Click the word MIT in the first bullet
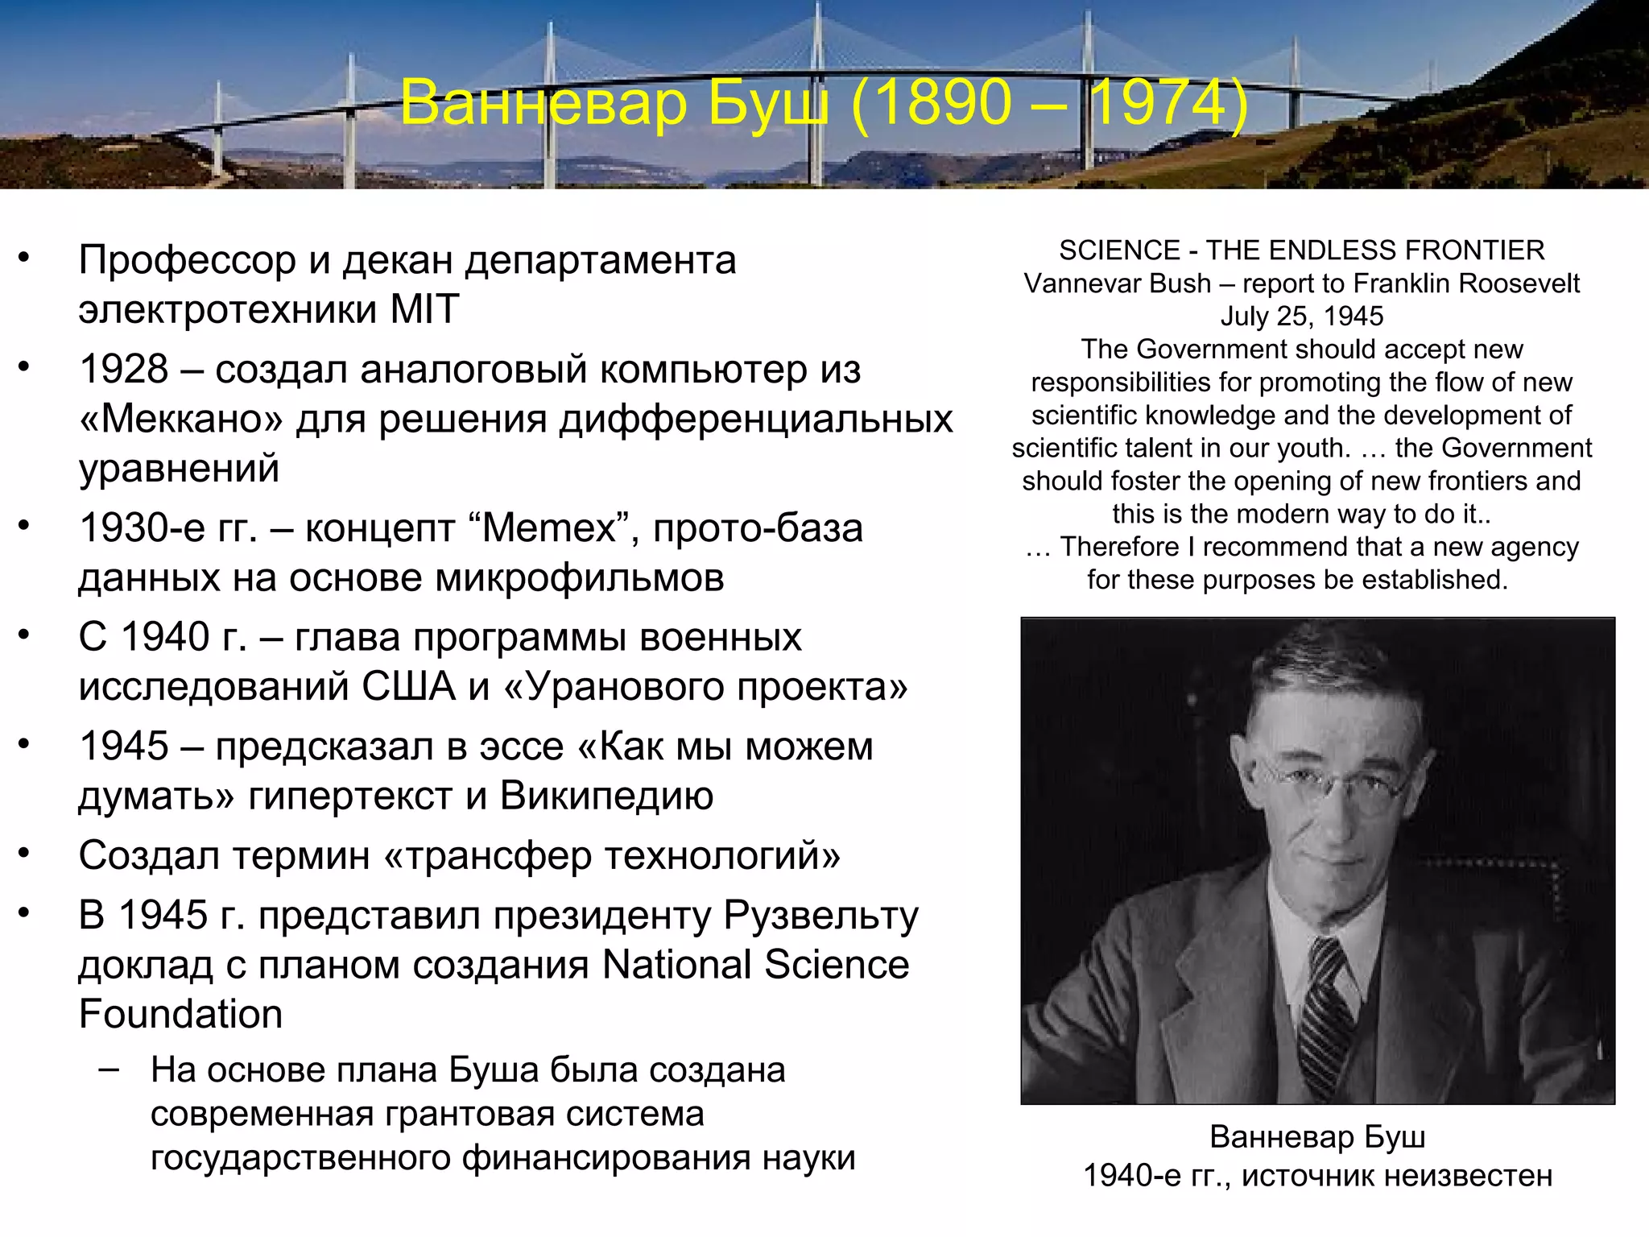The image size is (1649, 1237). [424, 309]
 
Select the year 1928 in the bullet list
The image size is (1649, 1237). [124, 370]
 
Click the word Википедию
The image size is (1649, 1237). [606, 796]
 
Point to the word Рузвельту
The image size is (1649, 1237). [820, 916]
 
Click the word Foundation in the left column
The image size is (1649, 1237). [180, 1014]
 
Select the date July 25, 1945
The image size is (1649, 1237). [1301, 316]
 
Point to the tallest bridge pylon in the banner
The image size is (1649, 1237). [818, 89]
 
